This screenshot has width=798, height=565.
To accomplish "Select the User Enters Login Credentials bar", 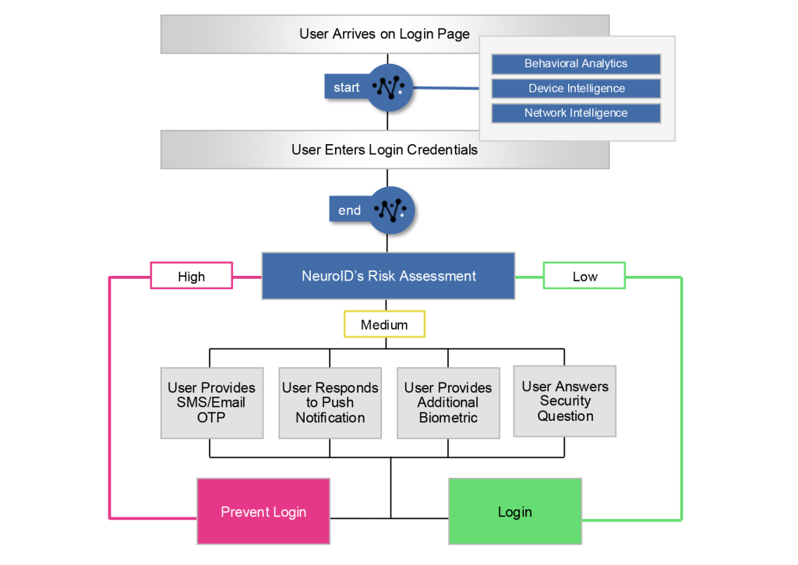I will pyautogui.click(x=384, y=150).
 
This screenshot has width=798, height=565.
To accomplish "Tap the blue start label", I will pyautogui.click(x=346, y=87).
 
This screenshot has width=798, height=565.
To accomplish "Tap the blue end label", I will pyautogui.click(x=349, y=210).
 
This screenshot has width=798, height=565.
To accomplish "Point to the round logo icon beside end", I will pyautogui.click(x=392, y=210).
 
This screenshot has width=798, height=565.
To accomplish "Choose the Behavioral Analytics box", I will pyautogui.click(x=576, y=64).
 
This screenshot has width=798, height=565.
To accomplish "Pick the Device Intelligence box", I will pyautogui.click(x=576, y=88).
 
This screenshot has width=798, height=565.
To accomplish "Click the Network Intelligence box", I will pyautogui.click(x=576, y=113).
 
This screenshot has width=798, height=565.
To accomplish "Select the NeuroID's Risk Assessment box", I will pyautogui.click(x=388, y=276).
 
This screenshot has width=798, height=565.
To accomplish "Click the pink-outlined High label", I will pyautogui.click(x=191, y=276).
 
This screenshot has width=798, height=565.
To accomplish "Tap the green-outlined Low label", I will pyautogui.click(x=584, y=276).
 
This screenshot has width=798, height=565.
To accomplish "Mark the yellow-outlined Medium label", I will pyautogui.click(x=384, y=324).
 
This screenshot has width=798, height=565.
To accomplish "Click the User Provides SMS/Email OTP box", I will pyautogui.click(x=210, y=402).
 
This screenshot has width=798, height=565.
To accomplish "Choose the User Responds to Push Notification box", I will pyautogui.click(x=330, y=402).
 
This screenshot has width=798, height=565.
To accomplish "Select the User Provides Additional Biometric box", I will pyautogui.click(x=448, y=402).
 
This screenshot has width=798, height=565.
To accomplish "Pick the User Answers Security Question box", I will pyautogui.click(x=565, y=401).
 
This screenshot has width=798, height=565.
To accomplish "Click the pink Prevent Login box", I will pyautogui.click(x=263, y=511).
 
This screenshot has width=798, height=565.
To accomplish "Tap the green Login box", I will pyautogui.click(x=515, y=511).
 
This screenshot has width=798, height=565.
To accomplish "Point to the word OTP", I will pyautogui.click(x=210, y=418).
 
